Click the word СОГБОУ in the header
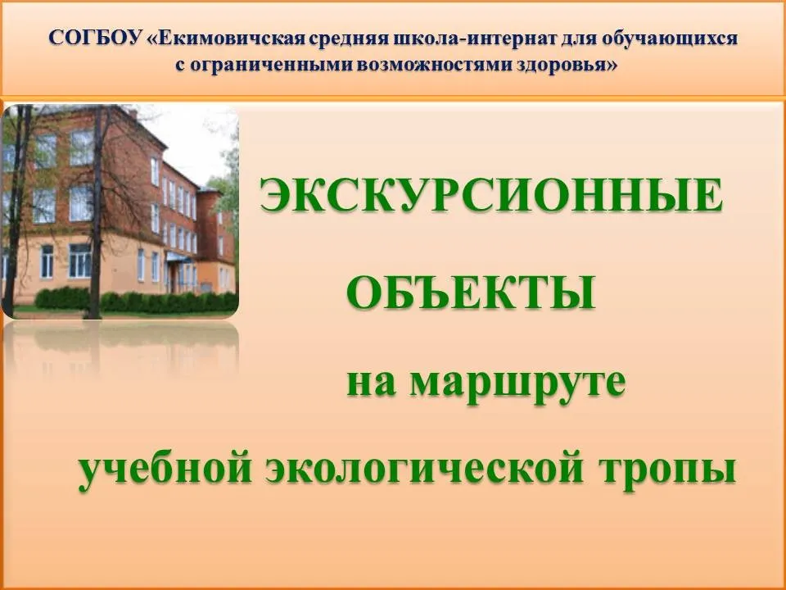click(x=95, y=39)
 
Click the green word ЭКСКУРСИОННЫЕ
click(x=492, y=196)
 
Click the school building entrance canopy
click(x=178, y=257)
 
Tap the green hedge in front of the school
click(x=135, y=301)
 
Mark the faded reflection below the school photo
click(x=120, y=349)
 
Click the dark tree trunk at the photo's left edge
click(x=14, y=211)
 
